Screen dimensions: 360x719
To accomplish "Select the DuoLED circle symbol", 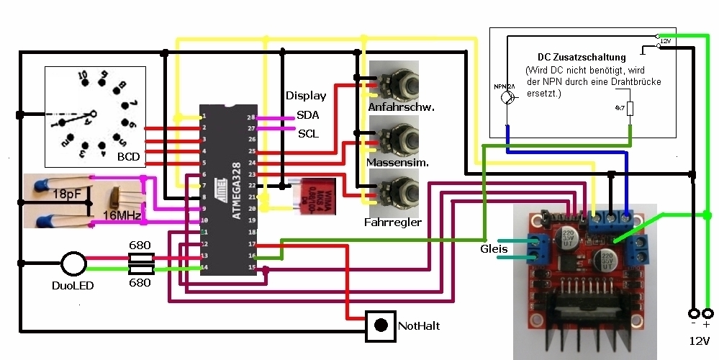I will [73, 264].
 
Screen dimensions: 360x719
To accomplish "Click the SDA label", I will [308, 115].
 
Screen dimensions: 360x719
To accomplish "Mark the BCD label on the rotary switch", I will [130, 156].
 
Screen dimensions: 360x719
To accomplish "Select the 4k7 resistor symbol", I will [630, 109].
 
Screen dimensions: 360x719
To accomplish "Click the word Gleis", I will [494, 249].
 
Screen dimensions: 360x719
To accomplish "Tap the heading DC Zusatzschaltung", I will [582, 56].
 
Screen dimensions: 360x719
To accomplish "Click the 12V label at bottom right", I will [698, 340].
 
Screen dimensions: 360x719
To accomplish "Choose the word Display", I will [305, 96].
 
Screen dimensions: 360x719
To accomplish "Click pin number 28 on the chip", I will [251, 117].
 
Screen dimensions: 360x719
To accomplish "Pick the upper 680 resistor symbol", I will [140, 258].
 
